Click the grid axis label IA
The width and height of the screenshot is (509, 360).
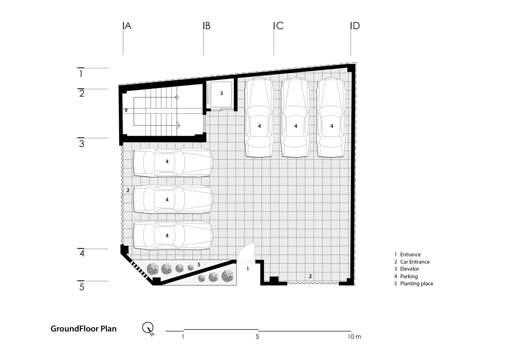(x=127, y=26)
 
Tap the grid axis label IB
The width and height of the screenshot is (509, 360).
(x=207, y=26)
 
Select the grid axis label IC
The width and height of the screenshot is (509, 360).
(x=278, y=26)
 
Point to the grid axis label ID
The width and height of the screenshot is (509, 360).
(x=355, y=26)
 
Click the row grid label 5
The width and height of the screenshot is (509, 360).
(x=82, y=287)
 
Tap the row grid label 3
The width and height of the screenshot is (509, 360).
(x=82, y=144)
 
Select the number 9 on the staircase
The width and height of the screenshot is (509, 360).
(x=126, y=110)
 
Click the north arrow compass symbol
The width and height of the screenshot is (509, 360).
(x=148, y=329)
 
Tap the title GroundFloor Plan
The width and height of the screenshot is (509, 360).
(x=84, y=329)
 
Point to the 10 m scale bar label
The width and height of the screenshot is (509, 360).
(x=354, y=337)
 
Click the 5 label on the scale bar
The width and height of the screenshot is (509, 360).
(x=257, y=337)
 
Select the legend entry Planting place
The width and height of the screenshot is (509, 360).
(x=416, y=283)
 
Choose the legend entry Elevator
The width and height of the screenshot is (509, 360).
(x=410, y=269)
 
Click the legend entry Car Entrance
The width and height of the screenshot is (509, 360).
(x=415, y=262)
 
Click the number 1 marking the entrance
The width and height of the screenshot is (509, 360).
(x=248, y=269)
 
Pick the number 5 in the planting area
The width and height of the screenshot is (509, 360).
(x=199, y=265)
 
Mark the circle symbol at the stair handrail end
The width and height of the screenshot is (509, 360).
(x=177, y=97)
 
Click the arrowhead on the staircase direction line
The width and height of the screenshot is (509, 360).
(x=179, y=125)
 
